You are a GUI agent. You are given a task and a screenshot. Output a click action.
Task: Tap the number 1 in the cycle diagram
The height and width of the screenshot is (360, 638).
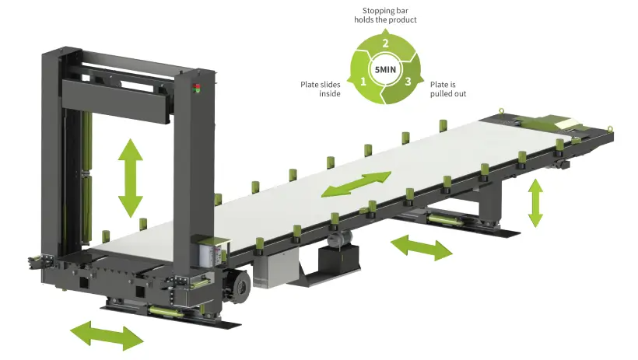click(363, 80)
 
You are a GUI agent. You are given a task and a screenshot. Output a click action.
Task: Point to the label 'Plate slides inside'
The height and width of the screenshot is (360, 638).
click(321, 89)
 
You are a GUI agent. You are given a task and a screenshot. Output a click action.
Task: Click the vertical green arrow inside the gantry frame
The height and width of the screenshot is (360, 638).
click(130, 178)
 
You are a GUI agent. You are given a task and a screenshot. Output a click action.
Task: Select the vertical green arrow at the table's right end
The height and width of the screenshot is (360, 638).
click(535, 202)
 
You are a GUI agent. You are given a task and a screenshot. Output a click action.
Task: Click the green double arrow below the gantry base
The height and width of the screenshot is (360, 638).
click(107, 334)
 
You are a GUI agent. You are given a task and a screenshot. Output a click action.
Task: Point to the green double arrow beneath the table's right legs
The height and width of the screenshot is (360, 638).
click(421, 247)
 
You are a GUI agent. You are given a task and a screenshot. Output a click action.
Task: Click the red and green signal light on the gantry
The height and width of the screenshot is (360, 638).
click(196, 87)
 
